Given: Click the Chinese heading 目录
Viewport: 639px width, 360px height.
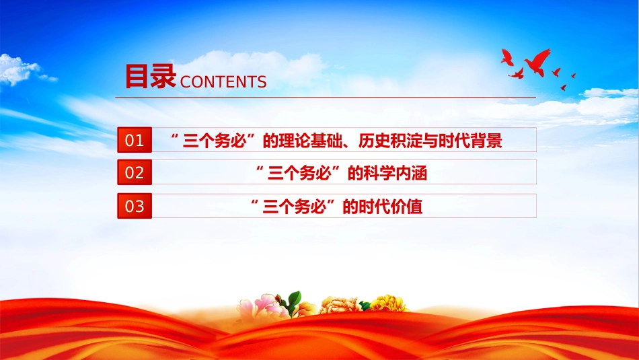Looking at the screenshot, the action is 150,76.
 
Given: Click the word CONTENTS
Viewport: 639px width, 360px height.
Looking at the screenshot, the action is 223,82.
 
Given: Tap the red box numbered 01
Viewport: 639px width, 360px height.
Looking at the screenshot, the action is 135,140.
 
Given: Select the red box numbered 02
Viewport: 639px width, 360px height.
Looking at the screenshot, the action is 135,172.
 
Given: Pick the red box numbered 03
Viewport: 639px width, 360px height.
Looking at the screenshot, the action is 135,206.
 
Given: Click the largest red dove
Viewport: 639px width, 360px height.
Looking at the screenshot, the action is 537,63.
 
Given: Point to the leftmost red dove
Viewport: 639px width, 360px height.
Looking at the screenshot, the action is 506,57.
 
